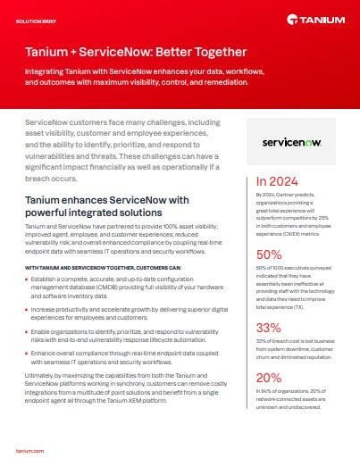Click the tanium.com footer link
tap(32, 453)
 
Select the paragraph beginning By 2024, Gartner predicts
tap(296, 213)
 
